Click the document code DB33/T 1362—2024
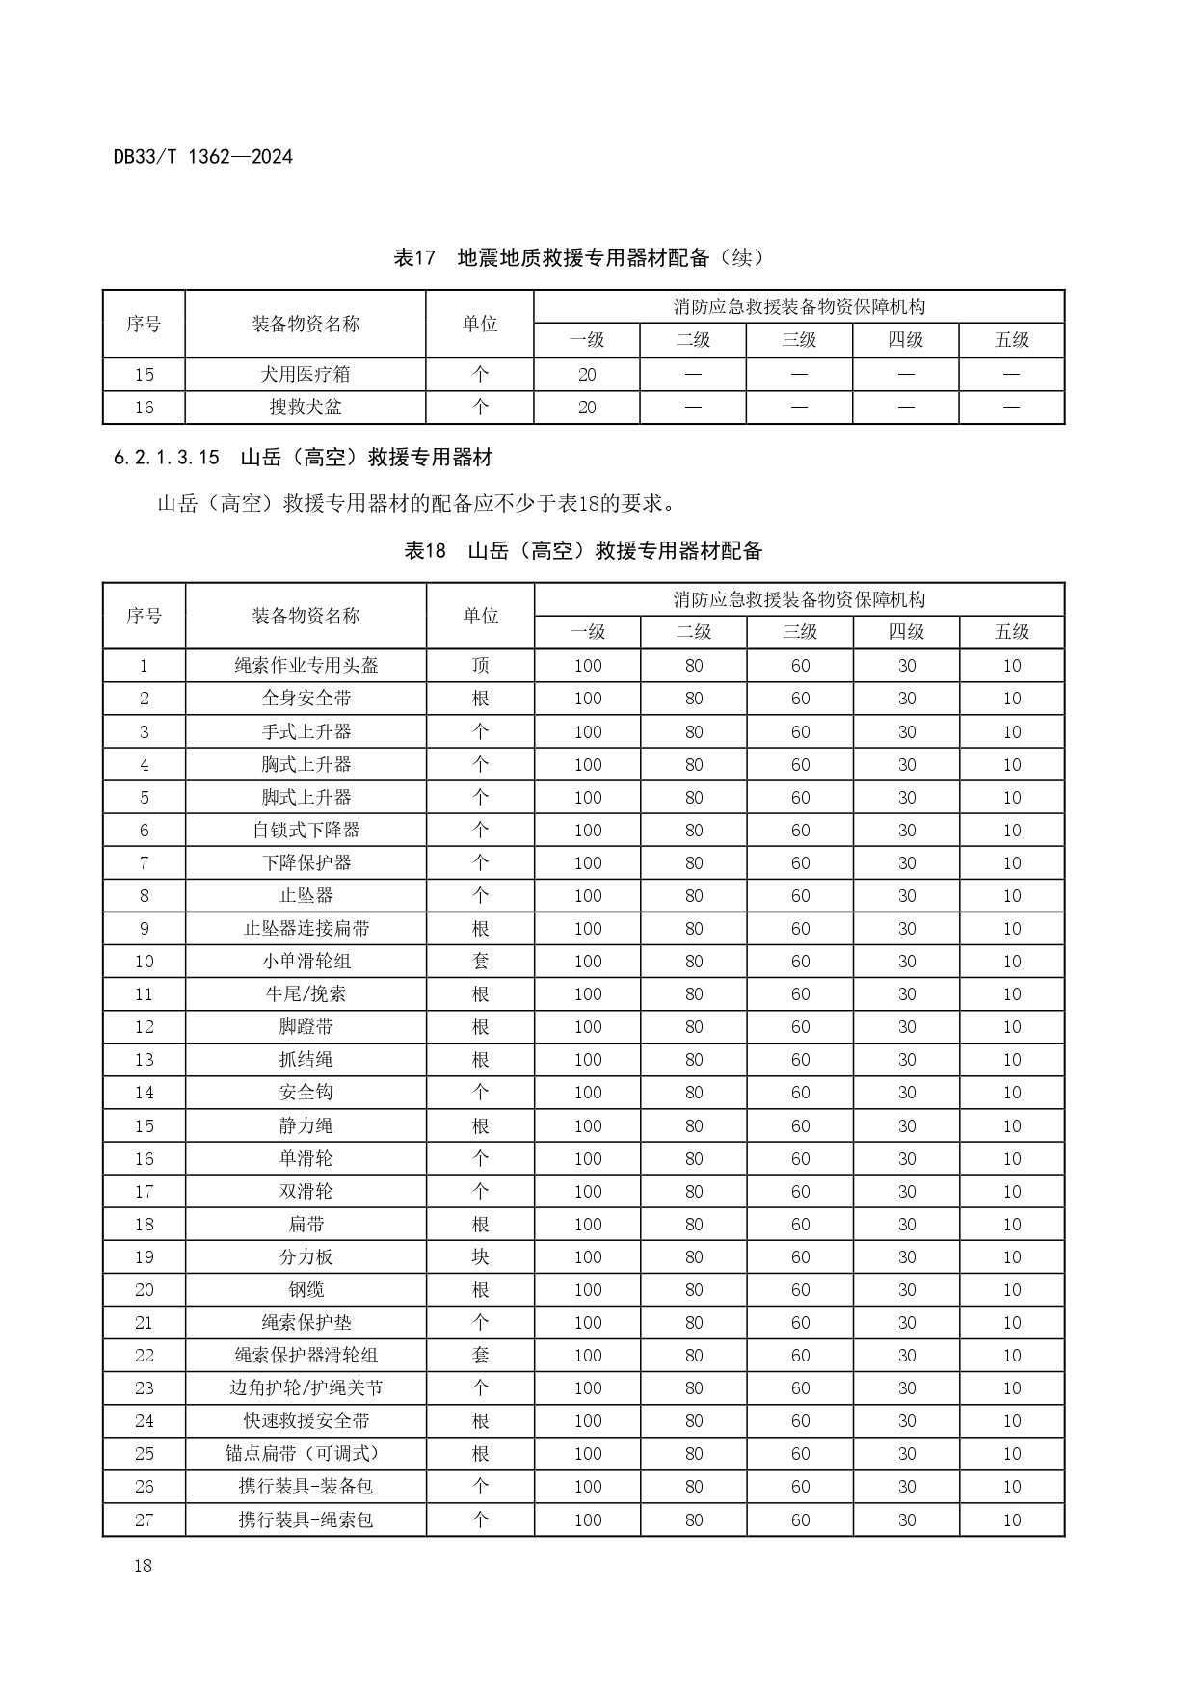tap(202, 156)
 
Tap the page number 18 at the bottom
tap(143, 1565)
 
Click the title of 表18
tap(583, 550)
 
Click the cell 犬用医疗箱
tap(306, 375)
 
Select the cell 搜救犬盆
tap(306, 408)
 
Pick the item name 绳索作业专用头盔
tap(306, 666)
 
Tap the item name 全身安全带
tap(306, 699)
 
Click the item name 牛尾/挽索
tap(306, 994)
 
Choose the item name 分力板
tap(306, 1257)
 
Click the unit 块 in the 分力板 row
tap(480, 1257)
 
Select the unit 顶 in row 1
tap(480, 666)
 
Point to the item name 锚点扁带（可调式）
tap(306, 1454)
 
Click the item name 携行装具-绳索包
tap(306, 1520)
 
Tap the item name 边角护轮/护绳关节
tap(306, 1388)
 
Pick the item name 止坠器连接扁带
tap(306, 929)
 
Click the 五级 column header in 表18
tap(1012, 632)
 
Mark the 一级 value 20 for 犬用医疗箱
tap(587, 375)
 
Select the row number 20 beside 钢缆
tap(144, 1290)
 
